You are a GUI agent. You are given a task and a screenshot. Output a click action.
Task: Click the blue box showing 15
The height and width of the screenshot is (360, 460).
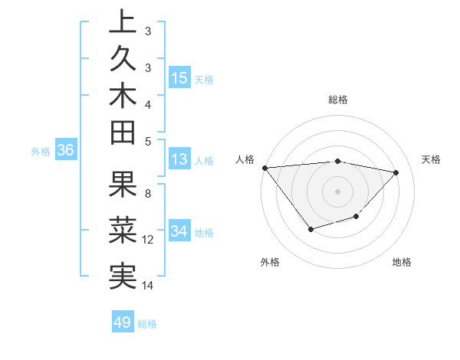pos(179,77)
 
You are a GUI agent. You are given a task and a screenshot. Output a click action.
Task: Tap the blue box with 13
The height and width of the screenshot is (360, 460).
pos(179,160)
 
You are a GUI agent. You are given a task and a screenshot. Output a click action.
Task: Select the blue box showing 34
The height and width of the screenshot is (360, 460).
pos(179,231)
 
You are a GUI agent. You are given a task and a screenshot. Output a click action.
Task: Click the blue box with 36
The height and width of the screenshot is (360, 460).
pos(66,151)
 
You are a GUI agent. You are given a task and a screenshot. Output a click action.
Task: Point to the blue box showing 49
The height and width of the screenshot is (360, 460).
pos(123,322)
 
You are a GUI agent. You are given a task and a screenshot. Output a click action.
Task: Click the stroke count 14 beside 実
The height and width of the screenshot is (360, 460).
pos(148,286)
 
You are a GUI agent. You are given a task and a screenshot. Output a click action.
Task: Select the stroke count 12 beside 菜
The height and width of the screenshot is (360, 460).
pos(148,240)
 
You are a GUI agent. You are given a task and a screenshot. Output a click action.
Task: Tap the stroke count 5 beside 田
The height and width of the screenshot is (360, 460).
pos(148,140)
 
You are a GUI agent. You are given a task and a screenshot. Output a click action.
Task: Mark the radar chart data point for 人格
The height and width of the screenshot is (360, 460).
pos(265,168)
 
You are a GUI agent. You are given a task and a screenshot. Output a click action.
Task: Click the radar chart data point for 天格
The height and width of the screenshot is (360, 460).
pos(396,172)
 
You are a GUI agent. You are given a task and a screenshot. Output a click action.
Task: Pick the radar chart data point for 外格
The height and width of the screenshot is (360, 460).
pos(310,229)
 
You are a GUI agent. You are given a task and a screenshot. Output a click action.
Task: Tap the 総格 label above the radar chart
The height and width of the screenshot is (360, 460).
pos(338,100)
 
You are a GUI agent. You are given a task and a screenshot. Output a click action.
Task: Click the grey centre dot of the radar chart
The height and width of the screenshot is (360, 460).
pos(338,191)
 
